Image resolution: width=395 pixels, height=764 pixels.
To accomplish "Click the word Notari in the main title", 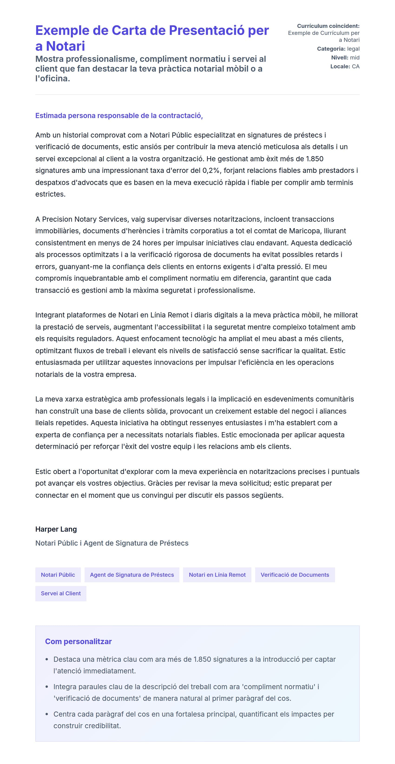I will pyautogui.click(x=65, y=46).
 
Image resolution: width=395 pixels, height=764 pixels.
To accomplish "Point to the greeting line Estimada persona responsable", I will pyautogui.click(x=119, y=116).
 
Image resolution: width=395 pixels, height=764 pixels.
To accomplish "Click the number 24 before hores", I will pyautogui.click(x=136, y=243).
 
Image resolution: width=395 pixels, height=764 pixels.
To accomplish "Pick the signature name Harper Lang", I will pyautogui.click(x=56, y=529).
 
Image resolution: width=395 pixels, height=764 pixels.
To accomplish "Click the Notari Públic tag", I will pyautogui.click(x=58, y=575).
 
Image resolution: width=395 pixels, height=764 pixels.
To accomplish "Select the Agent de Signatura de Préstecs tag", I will pyautogui.click(x=132, y=575).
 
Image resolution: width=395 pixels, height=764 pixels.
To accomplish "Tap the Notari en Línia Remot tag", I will pyautogui.click(x=217, y=575).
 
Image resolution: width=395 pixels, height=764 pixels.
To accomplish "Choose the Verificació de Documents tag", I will pyautogui.click(x=295, y=575).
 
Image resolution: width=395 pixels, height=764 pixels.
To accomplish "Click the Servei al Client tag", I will pyautogui.click(x=61, y=593).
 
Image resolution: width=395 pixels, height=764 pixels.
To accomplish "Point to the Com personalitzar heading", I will pyautogui.click(x=78, y=641).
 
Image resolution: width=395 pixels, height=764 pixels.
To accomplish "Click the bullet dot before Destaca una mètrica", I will pyautogui.click(x=47, y=660).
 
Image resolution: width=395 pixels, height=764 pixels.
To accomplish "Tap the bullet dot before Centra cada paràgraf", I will pyautogui.click(x=47, y=714).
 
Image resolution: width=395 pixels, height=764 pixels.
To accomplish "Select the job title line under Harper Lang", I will pyautogui.click(x=112, y=543).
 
